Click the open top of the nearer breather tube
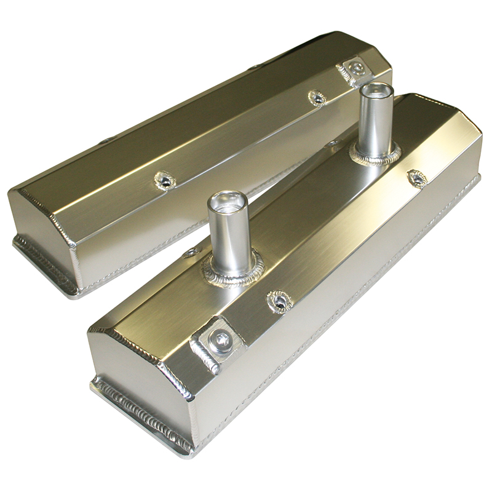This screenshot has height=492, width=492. (x=228, y=202)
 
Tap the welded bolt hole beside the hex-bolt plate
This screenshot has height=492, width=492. (x=279, y=301)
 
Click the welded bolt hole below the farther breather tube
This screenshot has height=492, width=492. (x=417, y=178)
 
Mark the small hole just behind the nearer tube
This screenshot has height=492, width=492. (x=192, y=252)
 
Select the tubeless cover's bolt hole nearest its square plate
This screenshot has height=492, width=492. (x=317, y=98)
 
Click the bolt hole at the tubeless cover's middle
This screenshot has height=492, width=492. (x=165, y=180)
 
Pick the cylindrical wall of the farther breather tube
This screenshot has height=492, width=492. (x=376, y=123)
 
